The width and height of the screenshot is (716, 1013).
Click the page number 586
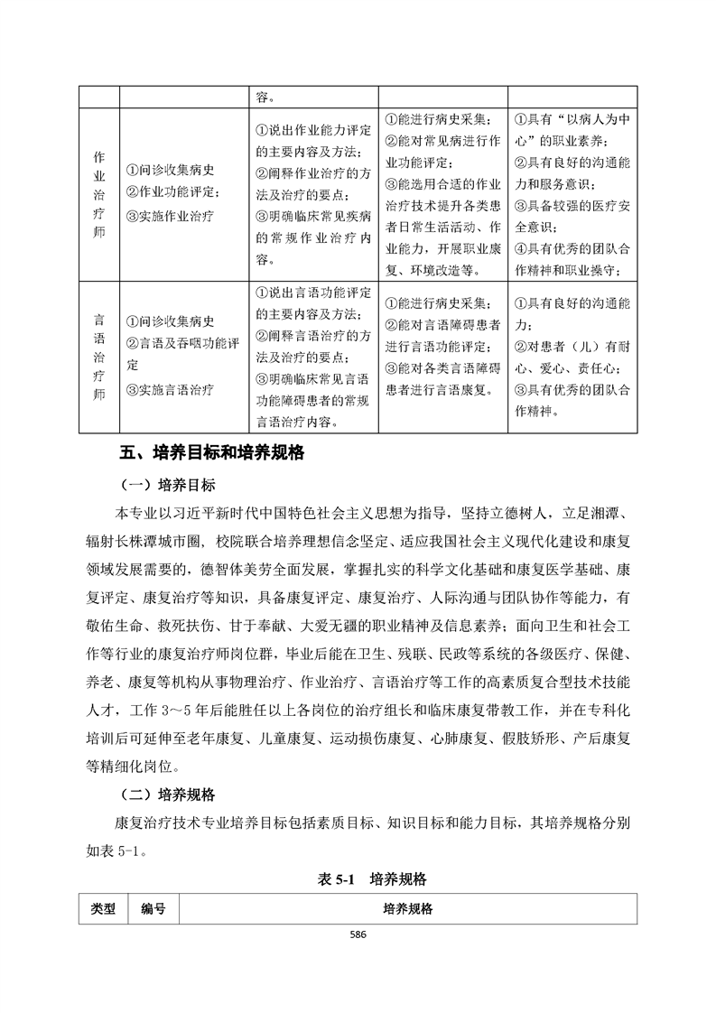click(358, 934)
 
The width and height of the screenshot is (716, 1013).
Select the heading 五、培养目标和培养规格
click(212, 452)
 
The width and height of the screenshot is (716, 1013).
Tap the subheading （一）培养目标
click(168, 485)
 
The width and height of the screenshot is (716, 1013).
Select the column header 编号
click(153, 908)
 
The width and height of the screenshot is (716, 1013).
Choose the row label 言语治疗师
click(99, 358)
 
